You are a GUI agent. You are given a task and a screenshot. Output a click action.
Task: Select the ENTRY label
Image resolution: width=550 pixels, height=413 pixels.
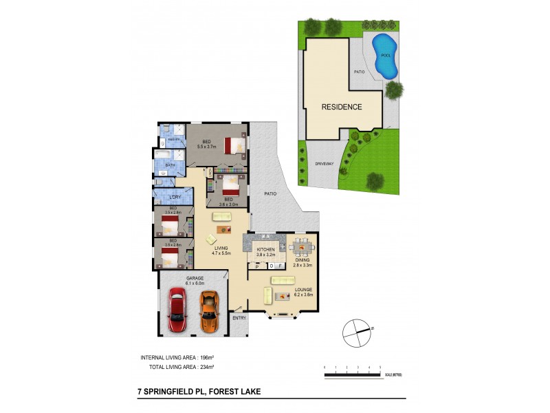coord(239,318)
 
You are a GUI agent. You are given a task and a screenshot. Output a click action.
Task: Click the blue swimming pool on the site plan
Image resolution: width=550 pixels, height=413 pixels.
coord(385,54)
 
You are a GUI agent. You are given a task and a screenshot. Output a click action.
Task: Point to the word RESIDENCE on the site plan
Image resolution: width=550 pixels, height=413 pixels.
coord(342,107)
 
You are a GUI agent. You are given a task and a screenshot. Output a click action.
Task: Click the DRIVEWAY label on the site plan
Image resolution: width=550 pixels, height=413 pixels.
coord(324,165)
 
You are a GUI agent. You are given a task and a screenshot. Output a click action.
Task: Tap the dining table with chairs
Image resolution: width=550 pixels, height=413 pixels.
coord(300,247)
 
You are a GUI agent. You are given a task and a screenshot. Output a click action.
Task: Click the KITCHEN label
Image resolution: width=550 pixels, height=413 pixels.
coord(265,249)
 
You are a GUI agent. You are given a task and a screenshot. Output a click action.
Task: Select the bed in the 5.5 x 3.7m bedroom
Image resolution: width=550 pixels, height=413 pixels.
coord(234,145)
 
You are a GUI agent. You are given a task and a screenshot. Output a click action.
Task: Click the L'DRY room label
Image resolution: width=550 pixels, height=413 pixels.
coord(175,198)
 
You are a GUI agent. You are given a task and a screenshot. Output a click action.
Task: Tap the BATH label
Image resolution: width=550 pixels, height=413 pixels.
coord(170,166)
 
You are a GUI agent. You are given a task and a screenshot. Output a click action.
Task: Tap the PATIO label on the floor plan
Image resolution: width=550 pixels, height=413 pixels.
coord(271,193)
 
